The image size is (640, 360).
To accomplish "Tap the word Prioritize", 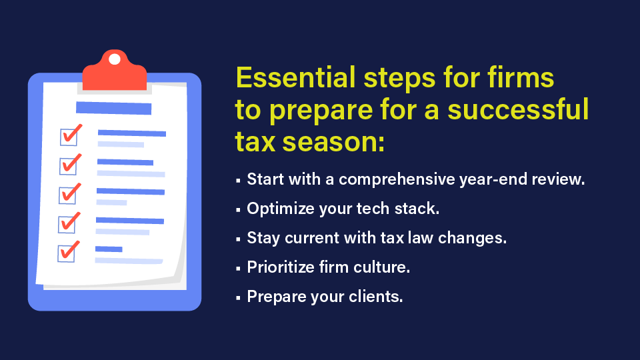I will (282, 267).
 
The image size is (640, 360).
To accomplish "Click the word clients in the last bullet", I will (377, 296).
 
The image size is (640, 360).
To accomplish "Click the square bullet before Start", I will (238, 181).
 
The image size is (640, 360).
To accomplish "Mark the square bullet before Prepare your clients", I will (238, 297).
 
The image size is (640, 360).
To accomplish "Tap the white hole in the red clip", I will (115, 59).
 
